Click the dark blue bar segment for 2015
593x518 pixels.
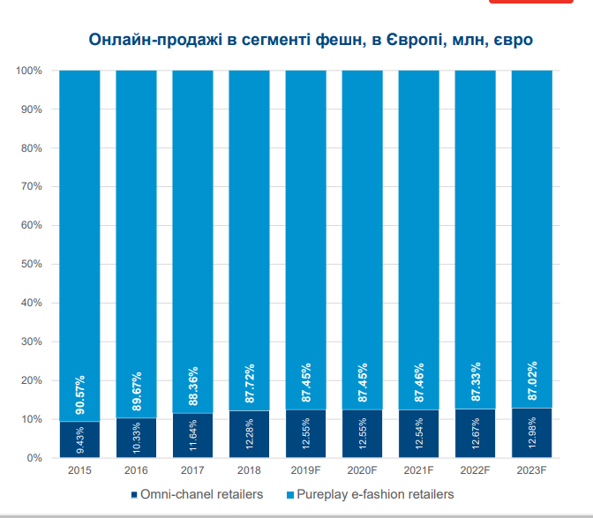click(79, 439)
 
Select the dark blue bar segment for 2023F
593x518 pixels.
click(532, 432)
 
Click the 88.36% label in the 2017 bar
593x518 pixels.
click(193, 386)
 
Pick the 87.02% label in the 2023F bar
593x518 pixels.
click(532, 381)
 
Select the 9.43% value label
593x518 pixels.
click(80, 439)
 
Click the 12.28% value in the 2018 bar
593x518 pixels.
click(250, 434)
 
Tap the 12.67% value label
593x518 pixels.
click(476, 433)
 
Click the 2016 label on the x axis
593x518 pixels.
click(136, 471)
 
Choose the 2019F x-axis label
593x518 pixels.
click(305, 471)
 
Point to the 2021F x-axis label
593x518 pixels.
click(418, 471)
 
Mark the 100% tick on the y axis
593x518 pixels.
click(29, 71)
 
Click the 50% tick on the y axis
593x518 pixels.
click(32, 264)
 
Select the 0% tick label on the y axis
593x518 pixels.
click(35, 458)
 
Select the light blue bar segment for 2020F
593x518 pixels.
click(363, 238)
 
